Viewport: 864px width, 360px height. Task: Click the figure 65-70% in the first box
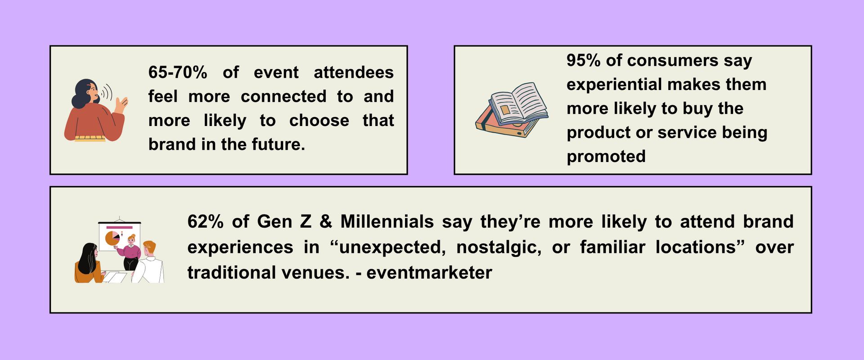(x=178, y=72)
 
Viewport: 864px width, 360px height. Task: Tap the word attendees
(x=354, y=72)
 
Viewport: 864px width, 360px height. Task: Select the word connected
(x=283, y=96)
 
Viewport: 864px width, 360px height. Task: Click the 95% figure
(x=583, y=60)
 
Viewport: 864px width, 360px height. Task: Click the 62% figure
(x=205, y=222)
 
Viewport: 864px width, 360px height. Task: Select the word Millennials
(x=387, y=222)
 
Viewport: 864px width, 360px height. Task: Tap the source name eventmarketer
(x=429, y=273)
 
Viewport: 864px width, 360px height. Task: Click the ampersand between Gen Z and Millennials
(x=326, y=222)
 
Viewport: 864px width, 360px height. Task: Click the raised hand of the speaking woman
(x=121, y=105)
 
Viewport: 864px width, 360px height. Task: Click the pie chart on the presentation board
(x=112, y=238)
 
